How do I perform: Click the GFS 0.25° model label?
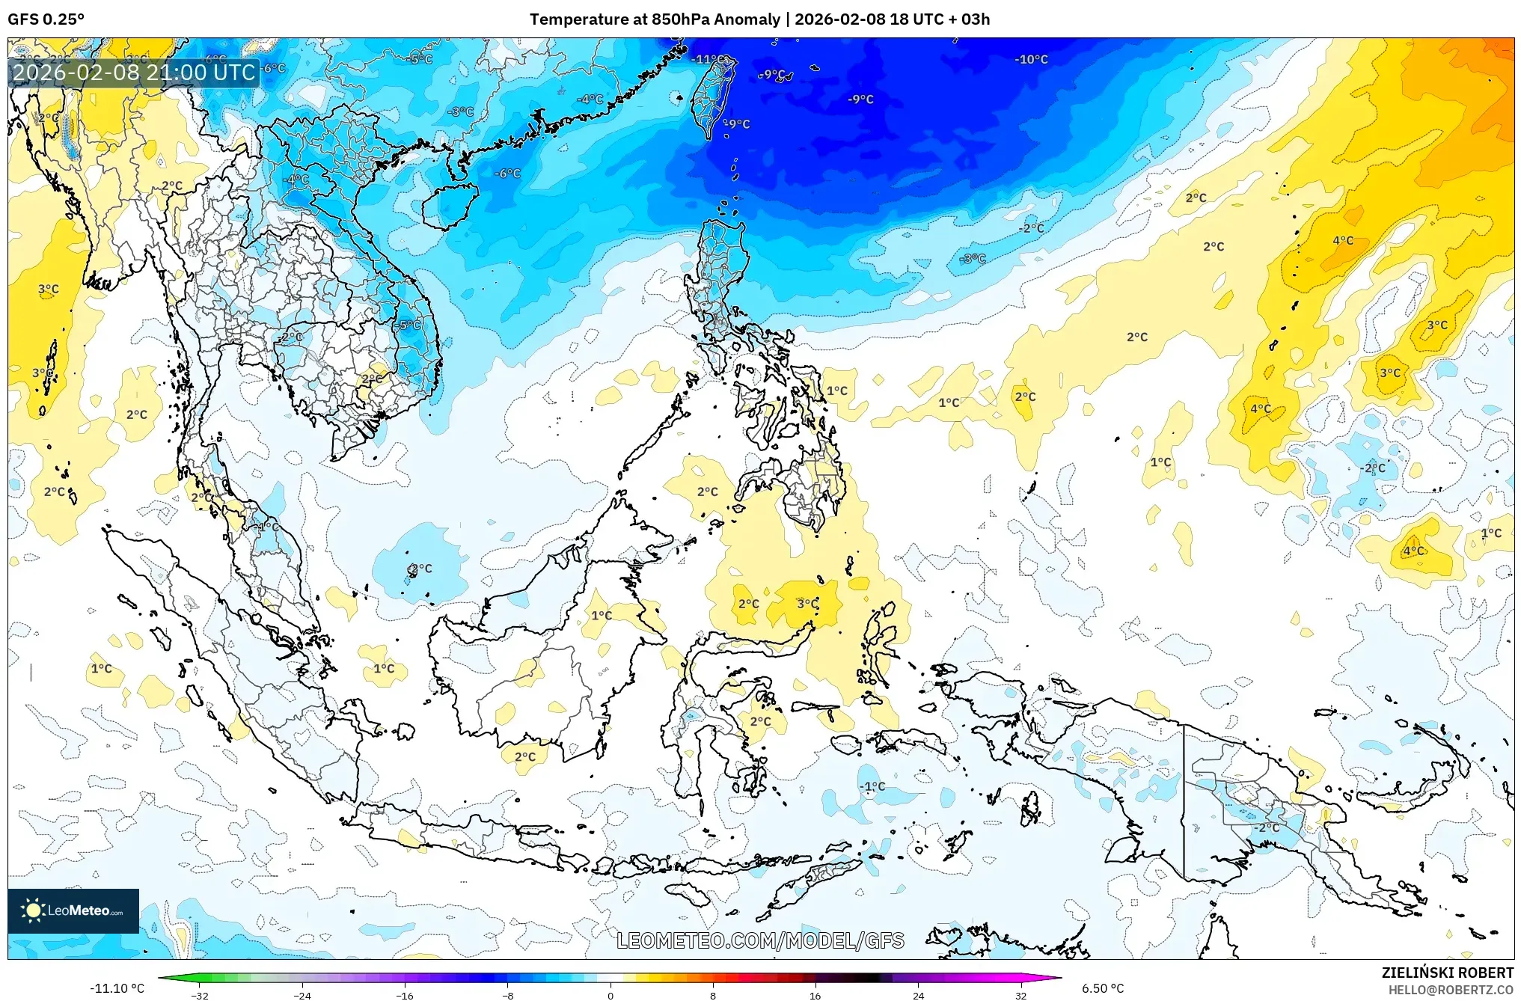click(46, 19)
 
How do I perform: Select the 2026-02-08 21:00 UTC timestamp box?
click(134, 73)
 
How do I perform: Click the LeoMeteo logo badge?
click(73, 910)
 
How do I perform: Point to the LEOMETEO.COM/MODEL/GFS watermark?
click(760, 940)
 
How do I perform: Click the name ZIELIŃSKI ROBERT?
click(1448, 973)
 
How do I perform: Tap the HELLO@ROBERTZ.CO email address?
click(1451, 990)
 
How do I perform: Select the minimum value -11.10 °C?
click(117, 988)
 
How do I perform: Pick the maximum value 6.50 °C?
click(1103, 988)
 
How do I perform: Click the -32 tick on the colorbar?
click(200, 996)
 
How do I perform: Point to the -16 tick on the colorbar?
click(405, 996)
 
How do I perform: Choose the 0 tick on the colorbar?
click(610, 996)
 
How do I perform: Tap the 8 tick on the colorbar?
click(713, 996)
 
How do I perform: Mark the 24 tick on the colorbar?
click(918, 996)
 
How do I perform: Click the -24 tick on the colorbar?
click(302, 996)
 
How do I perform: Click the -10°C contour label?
click(1031, 59)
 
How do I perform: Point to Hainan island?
click(450, 206)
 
